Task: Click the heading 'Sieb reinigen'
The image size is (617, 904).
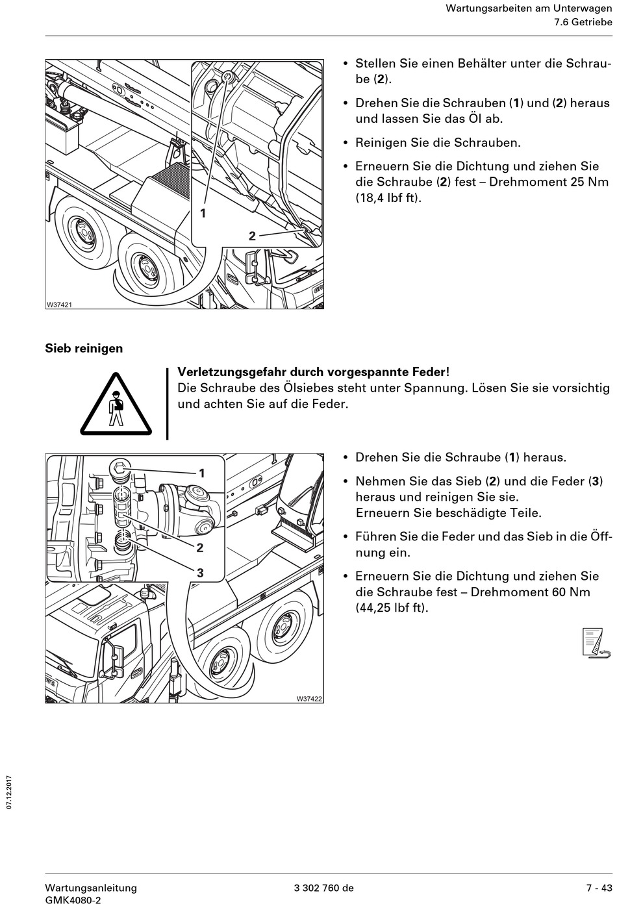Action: click(x=84, y=348)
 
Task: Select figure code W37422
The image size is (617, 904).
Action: click(x=309, y=699)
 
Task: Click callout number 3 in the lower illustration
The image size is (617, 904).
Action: click(x=200, y=572)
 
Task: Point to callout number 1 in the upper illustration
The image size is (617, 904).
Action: click(x=203, y=212)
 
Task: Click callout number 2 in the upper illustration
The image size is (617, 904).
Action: click(x=252, y=236)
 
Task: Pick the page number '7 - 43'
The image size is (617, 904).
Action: click(x=599, y=888)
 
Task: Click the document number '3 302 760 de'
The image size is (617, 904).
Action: click(x=323, y=888)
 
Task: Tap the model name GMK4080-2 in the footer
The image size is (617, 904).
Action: click(x=73, y=900)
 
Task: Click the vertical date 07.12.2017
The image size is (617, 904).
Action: click(x=9, y=792)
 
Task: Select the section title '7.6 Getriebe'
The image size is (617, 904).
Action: click(x=583, y=22)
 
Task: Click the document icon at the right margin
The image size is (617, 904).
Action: click(x=596, y=644)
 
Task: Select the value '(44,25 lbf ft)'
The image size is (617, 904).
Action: click(x=392, y=609)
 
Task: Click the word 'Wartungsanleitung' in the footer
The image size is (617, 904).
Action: click(x=91, y=888)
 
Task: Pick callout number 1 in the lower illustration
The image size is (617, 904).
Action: click(x=201, y=473)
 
